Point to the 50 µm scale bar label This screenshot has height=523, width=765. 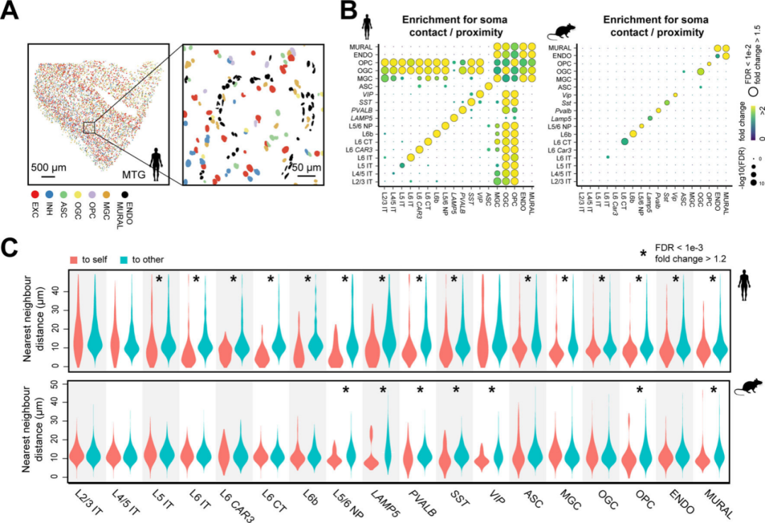pyautogui.click(x=307, y=168)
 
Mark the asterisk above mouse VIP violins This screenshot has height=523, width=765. pyautogui.click(x=492, y=390)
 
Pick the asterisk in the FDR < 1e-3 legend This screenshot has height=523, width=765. pyautogui.click(x=644, y=253)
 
